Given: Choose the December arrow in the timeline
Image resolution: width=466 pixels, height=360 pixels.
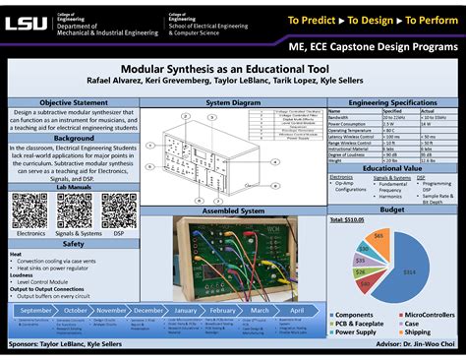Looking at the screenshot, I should pos(149,309).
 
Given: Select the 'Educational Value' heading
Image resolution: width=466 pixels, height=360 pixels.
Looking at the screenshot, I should pos(392,168).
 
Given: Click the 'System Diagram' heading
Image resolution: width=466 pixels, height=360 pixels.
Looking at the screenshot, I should pos(232,102).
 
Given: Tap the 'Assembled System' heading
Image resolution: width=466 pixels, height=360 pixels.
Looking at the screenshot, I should pos(232,210).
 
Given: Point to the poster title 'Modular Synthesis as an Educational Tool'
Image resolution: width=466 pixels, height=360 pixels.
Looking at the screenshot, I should pos(232,71).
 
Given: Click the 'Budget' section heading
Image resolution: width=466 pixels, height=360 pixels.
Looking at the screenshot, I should pos(392,210).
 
